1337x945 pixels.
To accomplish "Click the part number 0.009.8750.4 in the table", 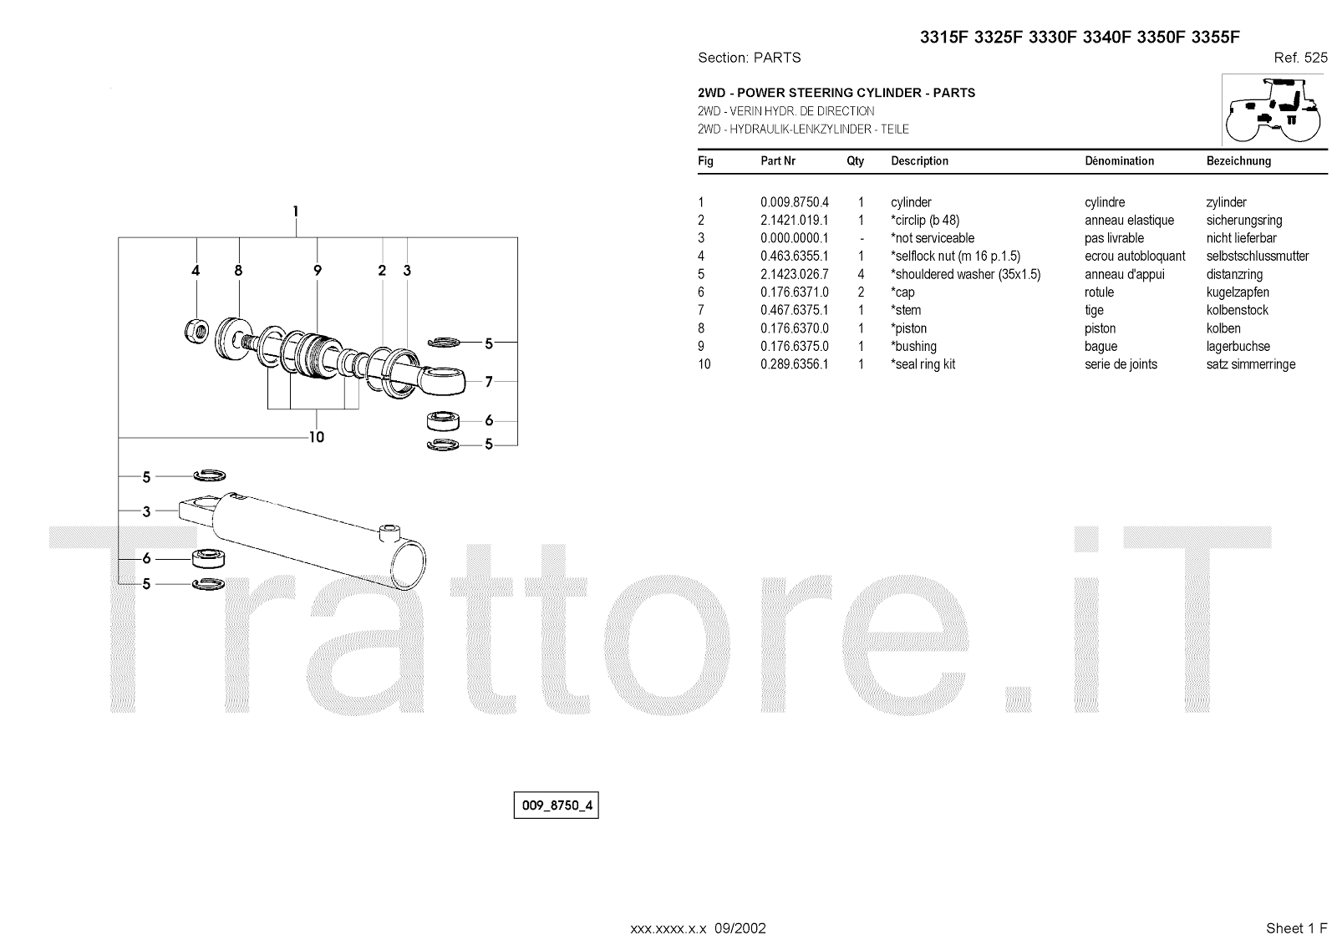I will [x=794, y=202].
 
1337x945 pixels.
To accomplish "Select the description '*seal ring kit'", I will [x=923, y=364].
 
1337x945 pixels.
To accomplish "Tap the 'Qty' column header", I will [x=855, y=161].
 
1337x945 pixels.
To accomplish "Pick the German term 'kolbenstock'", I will [x=1237, y=310].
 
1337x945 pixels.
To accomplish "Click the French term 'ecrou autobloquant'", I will [x=1135, y=257].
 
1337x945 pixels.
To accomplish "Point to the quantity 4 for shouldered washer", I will [x=861, y=274].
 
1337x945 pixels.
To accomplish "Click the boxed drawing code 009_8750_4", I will [x=556, y=805].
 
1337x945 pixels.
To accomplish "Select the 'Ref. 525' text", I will [x=1300, y=58].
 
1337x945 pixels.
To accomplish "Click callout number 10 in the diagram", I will [x=316, y=437].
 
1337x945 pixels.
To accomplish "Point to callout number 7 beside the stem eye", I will [x=489, y=382].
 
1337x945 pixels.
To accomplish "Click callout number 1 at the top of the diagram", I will [x=295, y=212].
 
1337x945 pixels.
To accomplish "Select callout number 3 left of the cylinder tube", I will [x=146, y=511].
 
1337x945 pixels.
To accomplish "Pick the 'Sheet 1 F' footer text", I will [x=1296, y=928].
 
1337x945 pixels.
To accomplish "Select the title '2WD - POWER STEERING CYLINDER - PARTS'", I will [x=836, y=93].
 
